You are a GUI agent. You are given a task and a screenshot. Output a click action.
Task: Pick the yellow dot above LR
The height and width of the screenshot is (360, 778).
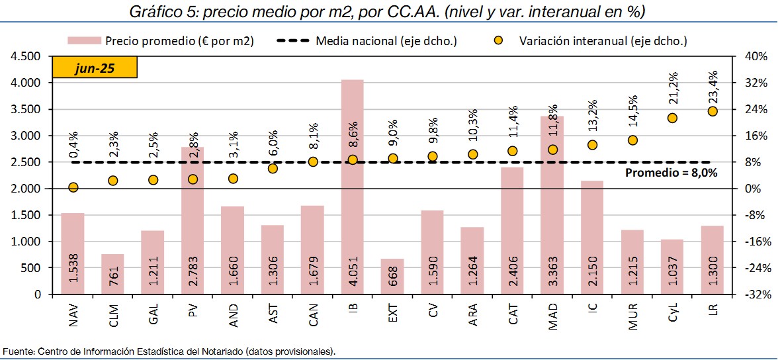pyautogui.click(x=713, y=111)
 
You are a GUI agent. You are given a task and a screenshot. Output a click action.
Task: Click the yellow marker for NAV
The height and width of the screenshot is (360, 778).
pyautogui.click(x=73, y=187)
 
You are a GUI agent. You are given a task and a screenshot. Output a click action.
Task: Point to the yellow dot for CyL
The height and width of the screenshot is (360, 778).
pyautogui.click(x=672, y=118)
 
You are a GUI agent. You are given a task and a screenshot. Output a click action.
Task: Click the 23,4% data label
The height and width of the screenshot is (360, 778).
pyautogui.click(x=713, y=85)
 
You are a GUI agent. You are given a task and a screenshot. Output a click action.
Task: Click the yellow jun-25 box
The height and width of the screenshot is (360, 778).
pyautogui.click(x=94, y=68)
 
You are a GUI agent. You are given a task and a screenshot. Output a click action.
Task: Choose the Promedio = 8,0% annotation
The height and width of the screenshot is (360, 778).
pyautogui.click(x=671, y=173)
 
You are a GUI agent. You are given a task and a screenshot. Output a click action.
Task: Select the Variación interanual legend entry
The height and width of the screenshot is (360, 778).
pyautogui.click(x=602, y=41)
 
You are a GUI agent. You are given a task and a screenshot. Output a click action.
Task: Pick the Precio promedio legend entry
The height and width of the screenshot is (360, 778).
pyautogui.click(x=179, y=41)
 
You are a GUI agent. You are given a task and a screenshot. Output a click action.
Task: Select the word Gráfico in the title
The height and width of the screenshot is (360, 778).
pyautogui.click(x=153, y=11)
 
